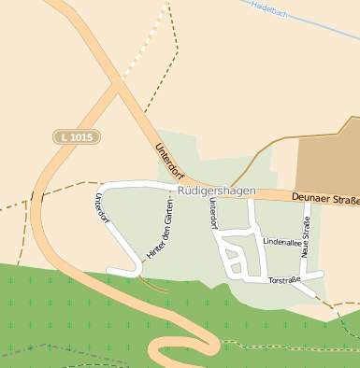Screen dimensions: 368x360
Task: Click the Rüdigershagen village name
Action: tap(216, 191)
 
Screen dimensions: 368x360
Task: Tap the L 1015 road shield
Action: tap(76, 136)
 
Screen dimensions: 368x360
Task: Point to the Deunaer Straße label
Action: tap(324, 197)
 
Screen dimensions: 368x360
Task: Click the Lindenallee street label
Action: tap(281, 242)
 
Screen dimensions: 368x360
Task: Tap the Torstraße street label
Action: tap(283, 280)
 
